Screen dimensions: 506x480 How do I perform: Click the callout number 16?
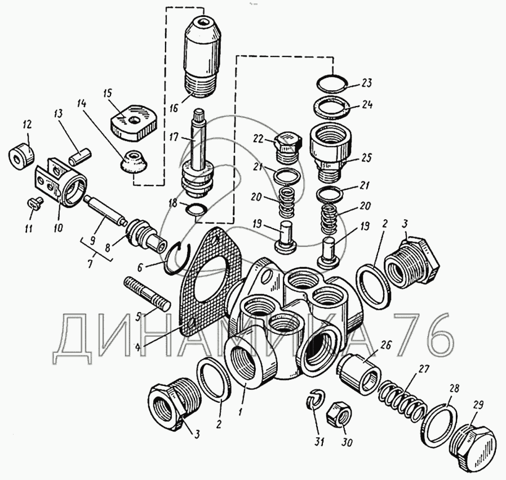(x=174, y=108)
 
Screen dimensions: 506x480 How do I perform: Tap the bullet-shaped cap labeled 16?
(x=204, y=55)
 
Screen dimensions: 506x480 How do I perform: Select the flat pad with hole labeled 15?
(x=134, y=122)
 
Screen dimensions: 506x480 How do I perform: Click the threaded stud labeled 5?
(x=147, y=294)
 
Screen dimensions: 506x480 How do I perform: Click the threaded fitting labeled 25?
(x=330, y=152)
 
